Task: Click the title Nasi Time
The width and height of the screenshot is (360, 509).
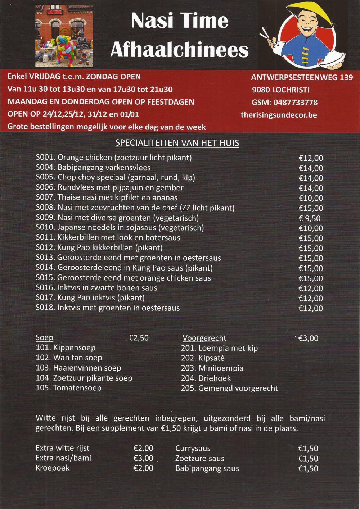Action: [180, 21]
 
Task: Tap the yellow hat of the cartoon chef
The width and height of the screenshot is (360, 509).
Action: [310, 14]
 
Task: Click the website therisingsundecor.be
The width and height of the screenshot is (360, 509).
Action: [279, 115]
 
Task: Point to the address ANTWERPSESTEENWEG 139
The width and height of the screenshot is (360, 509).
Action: [302, 77]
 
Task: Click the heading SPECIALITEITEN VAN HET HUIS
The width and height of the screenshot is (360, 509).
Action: [177, 143]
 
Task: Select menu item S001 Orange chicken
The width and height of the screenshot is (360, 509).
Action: [114, 158]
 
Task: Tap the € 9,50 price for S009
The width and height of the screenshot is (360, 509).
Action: [309, 218]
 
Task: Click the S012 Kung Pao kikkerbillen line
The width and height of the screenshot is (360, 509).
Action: [99, 248]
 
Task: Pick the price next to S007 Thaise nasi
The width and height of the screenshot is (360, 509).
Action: [311, 198]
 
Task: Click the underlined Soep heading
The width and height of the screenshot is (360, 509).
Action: [44, 337]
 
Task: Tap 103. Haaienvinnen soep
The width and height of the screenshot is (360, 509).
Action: [78, 368]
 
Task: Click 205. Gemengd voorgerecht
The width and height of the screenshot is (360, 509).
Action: [229, 388]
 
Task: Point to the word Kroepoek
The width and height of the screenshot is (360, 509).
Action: [53, 468]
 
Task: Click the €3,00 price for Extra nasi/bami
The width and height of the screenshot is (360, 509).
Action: [143, 458]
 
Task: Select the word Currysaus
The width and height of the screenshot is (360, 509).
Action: [193, 449]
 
